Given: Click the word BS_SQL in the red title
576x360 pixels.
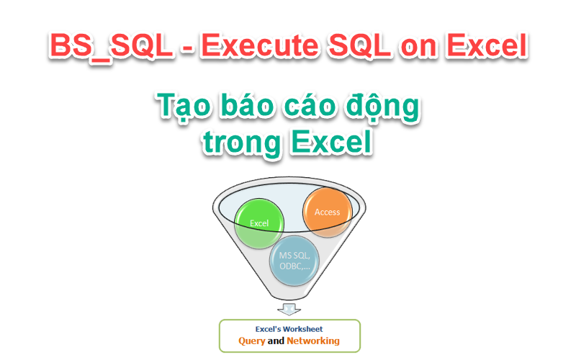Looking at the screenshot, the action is point(111,47).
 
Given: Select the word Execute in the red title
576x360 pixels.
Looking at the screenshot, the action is point(259,45).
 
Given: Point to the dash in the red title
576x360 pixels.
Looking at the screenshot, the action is point(187,48).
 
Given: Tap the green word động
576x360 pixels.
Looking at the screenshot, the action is point(382,107).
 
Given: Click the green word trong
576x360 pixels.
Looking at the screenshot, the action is point(242,143).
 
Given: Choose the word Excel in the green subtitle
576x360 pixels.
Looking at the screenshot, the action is point(331,141).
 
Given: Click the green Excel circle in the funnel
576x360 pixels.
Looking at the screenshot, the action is point(259,223).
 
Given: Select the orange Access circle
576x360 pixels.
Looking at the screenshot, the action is point(328,212).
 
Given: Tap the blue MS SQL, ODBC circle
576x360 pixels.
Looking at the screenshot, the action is point(294,261).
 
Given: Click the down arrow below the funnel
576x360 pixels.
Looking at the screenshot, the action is point(289,309).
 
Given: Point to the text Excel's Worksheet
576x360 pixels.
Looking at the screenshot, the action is point(289,329).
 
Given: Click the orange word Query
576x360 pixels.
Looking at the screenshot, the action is point(251,341).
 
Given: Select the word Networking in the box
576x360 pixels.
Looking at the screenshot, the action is point(313,341).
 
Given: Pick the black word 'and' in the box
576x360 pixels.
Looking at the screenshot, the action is point(276,341).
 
